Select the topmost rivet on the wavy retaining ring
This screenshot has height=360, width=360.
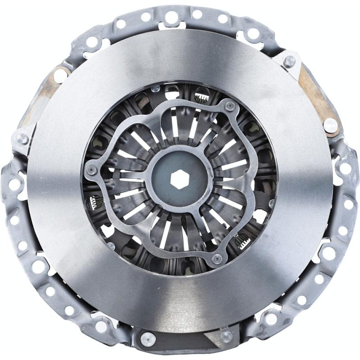click(x=230, y=106)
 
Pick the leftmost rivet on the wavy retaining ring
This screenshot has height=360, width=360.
click(x=91, y=169)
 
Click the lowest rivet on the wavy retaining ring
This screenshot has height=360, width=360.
click(x=217, y=259)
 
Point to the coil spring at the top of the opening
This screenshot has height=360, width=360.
click(x=201, y=96)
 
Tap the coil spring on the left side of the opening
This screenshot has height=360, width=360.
click(x=96, y=202)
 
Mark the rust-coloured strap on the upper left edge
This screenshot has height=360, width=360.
click(x=49, y=90)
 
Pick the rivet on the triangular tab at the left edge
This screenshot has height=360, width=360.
click(x=22, y=138)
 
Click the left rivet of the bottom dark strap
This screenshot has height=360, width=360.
click(x=147, y=338)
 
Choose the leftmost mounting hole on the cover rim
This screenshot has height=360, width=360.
click(x=14, y=184)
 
